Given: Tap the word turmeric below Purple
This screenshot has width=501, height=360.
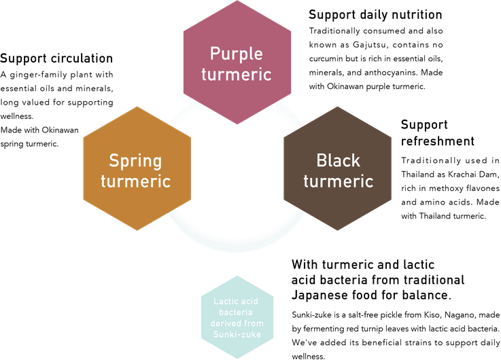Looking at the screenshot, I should (237, 74).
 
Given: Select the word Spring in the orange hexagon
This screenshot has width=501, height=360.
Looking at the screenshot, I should (136, 162).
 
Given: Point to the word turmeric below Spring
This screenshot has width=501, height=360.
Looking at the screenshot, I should (136, 181).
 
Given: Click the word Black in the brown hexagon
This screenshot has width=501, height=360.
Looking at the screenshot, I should (338, 161).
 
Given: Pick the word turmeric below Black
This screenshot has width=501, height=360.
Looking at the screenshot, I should (338, 181).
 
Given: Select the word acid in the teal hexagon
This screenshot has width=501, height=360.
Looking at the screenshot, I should (252, 300).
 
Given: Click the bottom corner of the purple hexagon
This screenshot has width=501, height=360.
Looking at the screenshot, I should (237, 126).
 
